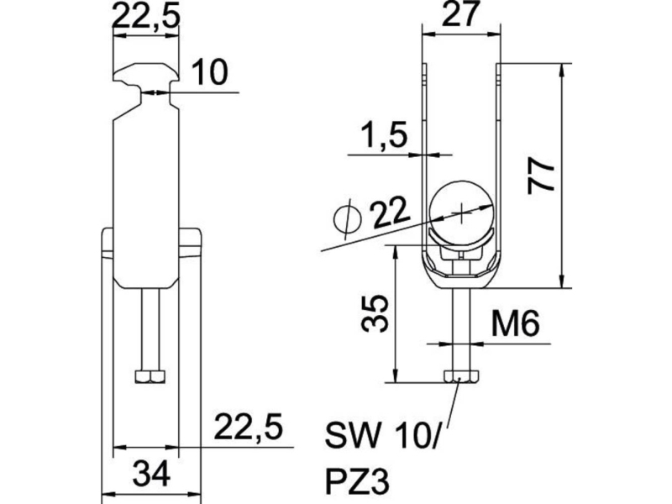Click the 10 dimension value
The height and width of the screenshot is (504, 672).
pos(210,72)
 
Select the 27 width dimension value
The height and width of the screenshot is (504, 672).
pos(459,13)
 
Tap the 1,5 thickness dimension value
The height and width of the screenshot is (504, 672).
pos(383,135)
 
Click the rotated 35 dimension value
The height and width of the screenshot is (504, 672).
pos(375,313)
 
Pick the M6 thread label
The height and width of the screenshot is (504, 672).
pos(515,323)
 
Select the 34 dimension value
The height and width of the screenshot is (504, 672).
pos(151,473)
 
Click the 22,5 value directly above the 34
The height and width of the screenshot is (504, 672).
pos(248,427)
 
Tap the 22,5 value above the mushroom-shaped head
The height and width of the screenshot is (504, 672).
pos(145,15)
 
